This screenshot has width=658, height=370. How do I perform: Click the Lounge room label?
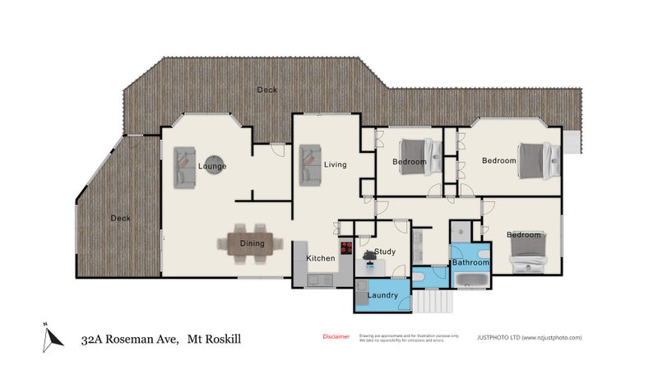(x=212, y=167)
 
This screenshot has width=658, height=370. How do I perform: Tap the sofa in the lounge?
(x=185, y=167)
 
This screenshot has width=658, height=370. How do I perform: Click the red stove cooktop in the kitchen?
(x=347, y=247)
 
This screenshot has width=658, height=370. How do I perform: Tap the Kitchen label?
(x=321, y=258)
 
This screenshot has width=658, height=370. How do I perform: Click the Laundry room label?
(x=383, y=295)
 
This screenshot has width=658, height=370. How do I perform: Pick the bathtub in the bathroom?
(x=473, y=280)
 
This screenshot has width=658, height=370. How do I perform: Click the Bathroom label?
(x=470, y=262)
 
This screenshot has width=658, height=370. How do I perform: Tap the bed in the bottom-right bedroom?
(x=527, y=251)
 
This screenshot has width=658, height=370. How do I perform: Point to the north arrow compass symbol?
(x=53, y=335)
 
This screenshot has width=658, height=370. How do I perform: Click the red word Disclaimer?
(x=335, y=337)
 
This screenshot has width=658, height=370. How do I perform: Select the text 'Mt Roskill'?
(x=215, y=338)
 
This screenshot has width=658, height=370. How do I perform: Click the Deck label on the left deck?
(x=121, y=218)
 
